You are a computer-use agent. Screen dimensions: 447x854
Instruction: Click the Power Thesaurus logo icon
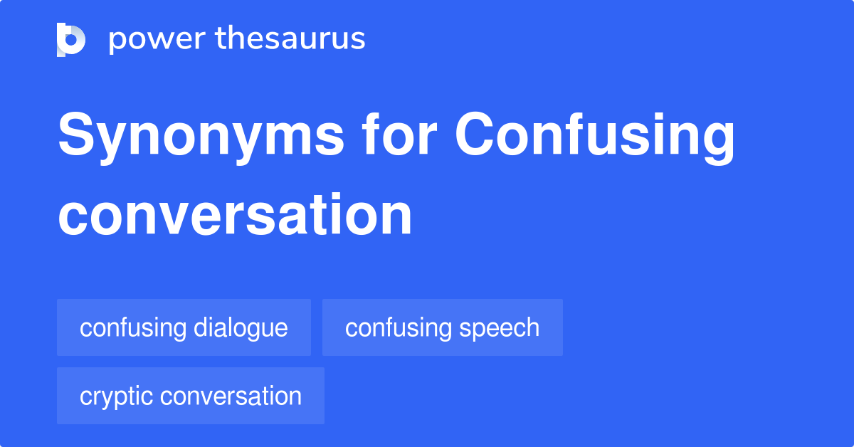tap(71, 39)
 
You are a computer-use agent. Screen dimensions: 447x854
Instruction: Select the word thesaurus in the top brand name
tap(290, 39)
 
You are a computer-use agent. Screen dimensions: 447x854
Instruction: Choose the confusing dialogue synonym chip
tap(184, 327)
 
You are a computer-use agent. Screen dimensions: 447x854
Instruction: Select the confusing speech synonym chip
tap(442, 327)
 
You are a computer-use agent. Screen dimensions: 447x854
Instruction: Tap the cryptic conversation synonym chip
tap(190, 396)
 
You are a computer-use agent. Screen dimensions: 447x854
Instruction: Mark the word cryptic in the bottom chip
tap(117, 396)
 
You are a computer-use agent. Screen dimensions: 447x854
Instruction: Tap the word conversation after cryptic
tap(231, 396)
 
